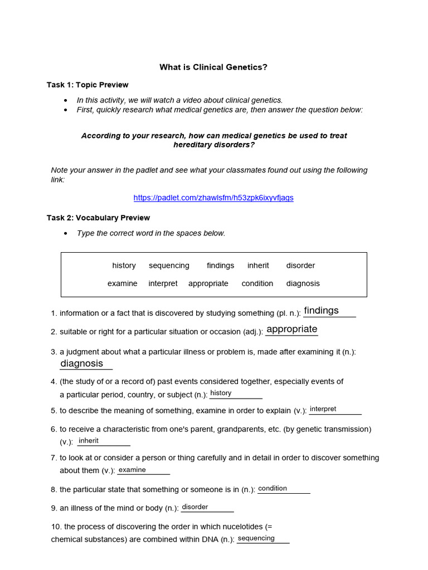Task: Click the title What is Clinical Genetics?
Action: coord(213,67)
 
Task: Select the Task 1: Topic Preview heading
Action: coord(87,85)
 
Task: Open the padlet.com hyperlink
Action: coord(213,198)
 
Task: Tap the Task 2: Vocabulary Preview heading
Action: coord(98,218)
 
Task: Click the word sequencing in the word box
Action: coord(169,266)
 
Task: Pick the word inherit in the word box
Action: coord(258,266)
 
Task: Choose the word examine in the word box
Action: coord(122,283)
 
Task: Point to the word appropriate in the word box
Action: coord(208,283)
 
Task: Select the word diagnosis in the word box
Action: coord(303,283)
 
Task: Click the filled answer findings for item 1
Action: coord(322,311)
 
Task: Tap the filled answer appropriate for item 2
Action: coord(292,329)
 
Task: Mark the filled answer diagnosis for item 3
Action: coord(82,363)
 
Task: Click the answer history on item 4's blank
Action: coord(221,393)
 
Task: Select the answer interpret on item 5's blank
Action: coord(323,409)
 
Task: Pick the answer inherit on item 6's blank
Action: coord(89,441)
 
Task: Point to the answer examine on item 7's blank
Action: coord(132,470)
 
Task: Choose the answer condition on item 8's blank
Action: coord(273,489)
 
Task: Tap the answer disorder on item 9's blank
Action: coord(195,507)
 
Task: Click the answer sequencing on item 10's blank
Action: coord(256,538)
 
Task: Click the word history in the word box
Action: coord(124,266)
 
